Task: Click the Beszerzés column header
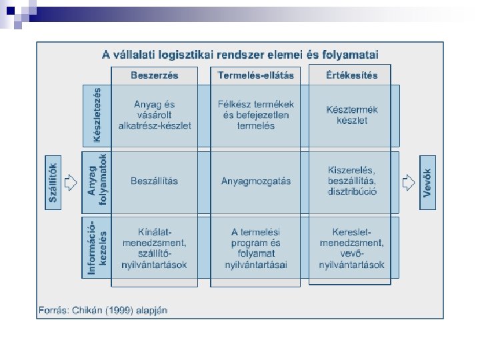pos(155,75)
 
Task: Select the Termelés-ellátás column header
pos(255,75)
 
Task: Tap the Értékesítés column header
pos(351,75)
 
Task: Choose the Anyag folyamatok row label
pos(97,180)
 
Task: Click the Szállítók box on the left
pos(54,181)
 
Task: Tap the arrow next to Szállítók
pos(73,181)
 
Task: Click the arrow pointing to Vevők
pos(409,181)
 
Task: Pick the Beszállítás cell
pos(155,181)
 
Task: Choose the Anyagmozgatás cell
pos(255,181)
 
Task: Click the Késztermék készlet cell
pos(352,115)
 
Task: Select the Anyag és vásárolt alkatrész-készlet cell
pos(155,115)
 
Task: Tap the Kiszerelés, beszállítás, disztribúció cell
pos(352,181)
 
